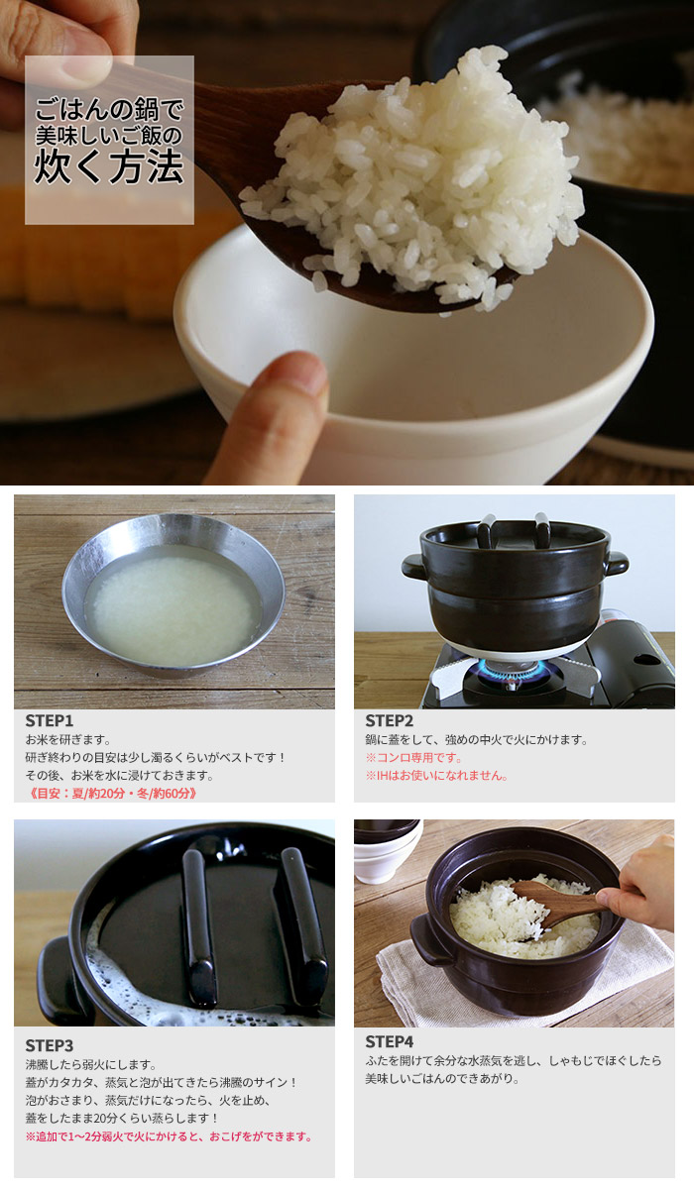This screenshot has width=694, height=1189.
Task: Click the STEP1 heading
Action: tap(50, 721)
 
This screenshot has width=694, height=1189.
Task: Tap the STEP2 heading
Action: tap(389, 721)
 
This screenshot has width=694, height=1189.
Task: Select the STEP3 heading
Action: tap(50, 1045)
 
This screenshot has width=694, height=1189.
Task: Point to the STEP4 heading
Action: tap(389, 1042)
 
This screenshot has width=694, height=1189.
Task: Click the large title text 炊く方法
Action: tap(109, 167)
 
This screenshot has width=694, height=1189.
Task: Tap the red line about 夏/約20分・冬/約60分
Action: tap(112, 794)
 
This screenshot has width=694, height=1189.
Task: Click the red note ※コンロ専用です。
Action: tap(413, 757)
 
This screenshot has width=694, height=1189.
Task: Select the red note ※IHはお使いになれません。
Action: tap(436, 776)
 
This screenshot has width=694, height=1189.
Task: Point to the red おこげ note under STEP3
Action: tap(169, 1136)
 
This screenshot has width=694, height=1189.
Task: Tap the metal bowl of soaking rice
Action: tap(173, 595)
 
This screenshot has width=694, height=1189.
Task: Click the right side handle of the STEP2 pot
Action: tap(617, 563)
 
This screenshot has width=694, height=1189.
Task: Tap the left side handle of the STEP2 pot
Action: tap(414, 567)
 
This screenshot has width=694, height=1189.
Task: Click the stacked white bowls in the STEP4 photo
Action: tap(388, 850)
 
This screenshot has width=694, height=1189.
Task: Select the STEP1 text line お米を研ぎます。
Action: tap(68, 739)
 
